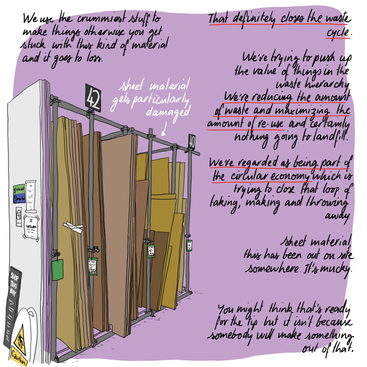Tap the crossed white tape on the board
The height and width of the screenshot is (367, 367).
point(73,227)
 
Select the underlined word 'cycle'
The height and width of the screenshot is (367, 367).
point(338,32)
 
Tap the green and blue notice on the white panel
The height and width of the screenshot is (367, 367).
point(19,194)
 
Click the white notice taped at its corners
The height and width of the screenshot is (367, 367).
point(31,228)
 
